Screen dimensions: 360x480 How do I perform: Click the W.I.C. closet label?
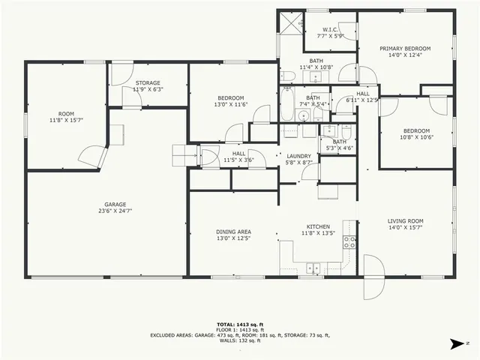330,30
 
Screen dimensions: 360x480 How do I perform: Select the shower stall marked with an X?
289,22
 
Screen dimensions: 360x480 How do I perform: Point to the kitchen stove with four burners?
349,241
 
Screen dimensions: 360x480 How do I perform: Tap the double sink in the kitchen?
313,266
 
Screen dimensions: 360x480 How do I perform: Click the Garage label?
115,203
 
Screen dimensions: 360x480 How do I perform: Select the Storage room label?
148,82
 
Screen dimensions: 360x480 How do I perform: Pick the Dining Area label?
232,232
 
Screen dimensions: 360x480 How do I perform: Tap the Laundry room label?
298,156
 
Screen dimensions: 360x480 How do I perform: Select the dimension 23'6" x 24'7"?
115,211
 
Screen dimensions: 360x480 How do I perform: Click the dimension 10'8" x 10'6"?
416,137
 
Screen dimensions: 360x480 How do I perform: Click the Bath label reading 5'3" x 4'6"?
339,141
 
